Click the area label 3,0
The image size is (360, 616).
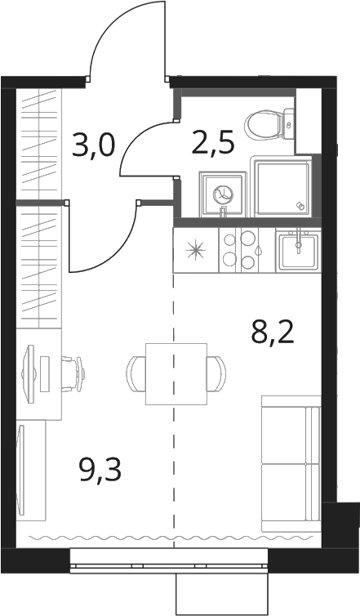[94, 145]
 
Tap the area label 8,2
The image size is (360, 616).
[273, 333]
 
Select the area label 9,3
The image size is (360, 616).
[100, 470]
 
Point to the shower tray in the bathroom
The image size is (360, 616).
[283, 186]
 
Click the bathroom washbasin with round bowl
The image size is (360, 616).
[223, 194]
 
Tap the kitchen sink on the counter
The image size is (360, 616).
[298, 250]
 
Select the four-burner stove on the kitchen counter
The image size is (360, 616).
[247, 250]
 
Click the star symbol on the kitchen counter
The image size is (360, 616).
[195, 250]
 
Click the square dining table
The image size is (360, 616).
[176, 373]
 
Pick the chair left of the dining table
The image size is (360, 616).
[136, 373]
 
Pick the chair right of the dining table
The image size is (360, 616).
[216, 373]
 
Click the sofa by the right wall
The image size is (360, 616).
[291, 464]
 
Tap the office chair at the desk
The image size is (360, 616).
[73, 373]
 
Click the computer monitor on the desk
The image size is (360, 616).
[29, 373]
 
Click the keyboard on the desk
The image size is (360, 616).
[46, 373]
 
